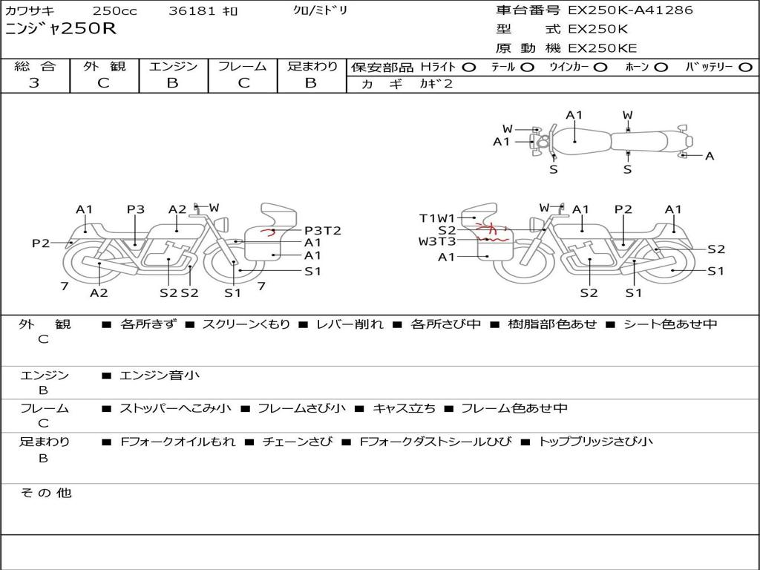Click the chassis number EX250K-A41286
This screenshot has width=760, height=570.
pos(630,10)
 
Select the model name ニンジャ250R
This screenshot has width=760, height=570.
pos(61,29)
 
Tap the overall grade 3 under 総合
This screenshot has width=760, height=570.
pos(34,83)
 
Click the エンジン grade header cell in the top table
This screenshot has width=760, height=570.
pos(173,66)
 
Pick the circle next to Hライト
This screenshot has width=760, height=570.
pos(469,68)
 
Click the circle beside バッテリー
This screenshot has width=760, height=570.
pos(745,68)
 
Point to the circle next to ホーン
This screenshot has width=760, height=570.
pos(661,68)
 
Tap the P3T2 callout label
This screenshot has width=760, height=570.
pos(323,231)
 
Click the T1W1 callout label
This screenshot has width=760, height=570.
pos(437,218)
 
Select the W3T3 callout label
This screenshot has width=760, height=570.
pos(437,241)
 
